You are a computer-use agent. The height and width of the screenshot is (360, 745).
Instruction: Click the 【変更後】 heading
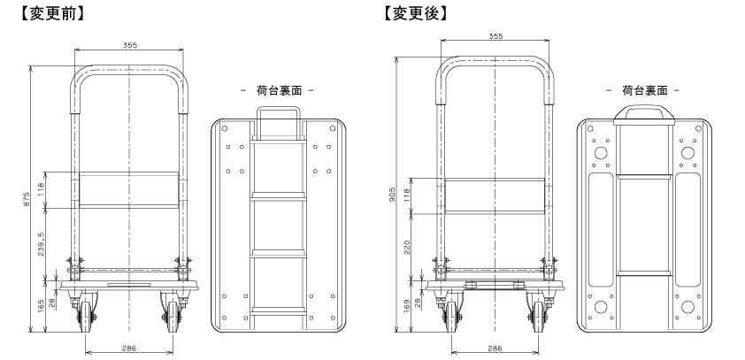click(416, 14)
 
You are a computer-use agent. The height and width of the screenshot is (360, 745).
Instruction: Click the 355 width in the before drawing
click(130, 46)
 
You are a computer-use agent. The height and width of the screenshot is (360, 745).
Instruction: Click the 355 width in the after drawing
click(495, 36)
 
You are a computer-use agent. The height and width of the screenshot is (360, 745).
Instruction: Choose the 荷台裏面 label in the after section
click(643, 90)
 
